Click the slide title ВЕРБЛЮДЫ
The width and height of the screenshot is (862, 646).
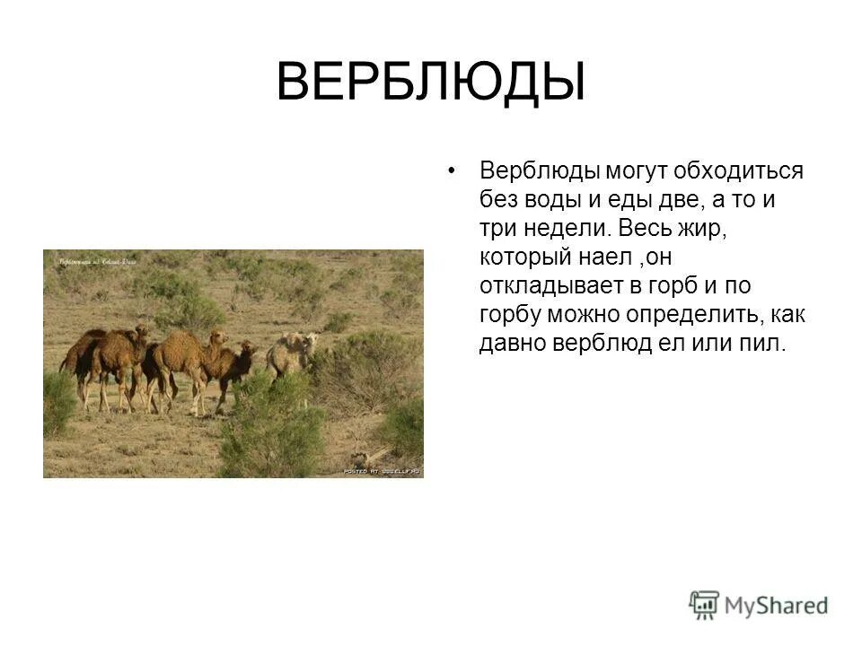[x=430, y=83]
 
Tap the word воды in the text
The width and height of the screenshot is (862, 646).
[x=543, y=199]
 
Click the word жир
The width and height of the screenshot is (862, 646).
[x=699, y=229]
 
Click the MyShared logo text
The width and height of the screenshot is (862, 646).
[x=776, y=606]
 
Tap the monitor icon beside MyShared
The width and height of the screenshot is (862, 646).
[x=705, y=604]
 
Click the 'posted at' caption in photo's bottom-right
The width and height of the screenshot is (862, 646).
[x=382, y=470]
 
